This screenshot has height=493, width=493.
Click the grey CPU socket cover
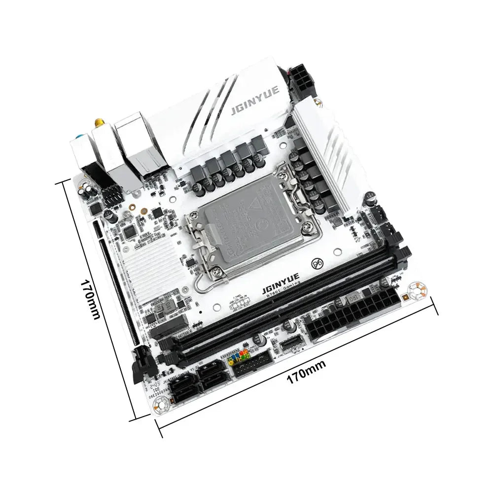(x=237, y=217)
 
